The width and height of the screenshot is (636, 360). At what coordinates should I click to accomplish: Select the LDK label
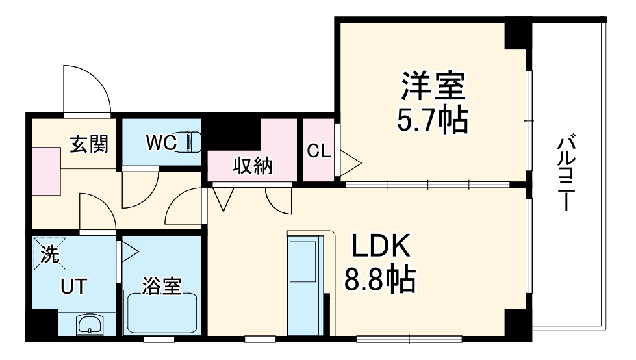(381, 248)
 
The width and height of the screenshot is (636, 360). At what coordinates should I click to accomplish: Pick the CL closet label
(318, 151)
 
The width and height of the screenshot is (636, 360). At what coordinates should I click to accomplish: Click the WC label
(160, 142)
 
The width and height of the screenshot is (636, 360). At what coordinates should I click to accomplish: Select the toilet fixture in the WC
(193, 142)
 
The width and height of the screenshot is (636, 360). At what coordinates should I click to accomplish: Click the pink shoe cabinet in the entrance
(46, 170)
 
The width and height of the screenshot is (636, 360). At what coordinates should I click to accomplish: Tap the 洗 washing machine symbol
(50, 255)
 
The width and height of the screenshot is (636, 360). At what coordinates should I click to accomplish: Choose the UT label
(72, 286)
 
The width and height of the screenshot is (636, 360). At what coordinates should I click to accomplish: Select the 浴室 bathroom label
(162, 286)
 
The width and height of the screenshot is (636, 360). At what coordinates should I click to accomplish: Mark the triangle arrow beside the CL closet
(349, 163)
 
